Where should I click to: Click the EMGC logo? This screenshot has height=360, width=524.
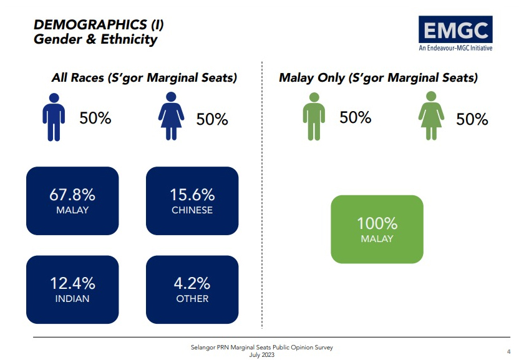(455, 34)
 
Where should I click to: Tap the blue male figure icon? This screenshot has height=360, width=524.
(54, 117)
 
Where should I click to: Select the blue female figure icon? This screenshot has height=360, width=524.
(171, 116)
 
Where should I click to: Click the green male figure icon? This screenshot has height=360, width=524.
(314, 116)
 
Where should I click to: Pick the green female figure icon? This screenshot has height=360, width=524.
(431, 115)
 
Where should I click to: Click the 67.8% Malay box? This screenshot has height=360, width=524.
(72, 201)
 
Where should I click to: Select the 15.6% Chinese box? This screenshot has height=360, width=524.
(192, 201)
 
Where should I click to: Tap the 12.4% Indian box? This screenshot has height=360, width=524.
(72, 289)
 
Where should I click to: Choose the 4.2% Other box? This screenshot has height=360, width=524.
(192, 289)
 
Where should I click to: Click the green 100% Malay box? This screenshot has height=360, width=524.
(377, 230)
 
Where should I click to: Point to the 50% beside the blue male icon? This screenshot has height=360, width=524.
(95, 118)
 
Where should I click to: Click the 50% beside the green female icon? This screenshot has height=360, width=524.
(472, 119)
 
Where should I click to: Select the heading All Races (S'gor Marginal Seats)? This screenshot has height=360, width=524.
(144, 77)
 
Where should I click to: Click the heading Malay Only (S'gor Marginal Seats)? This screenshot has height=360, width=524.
(378, 77)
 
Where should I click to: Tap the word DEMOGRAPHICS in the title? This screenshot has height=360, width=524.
(90, 25)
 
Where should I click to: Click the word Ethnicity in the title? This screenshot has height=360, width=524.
(129, 39)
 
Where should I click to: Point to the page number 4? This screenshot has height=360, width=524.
(508, 352)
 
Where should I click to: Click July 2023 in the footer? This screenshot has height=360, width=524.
(261, 354)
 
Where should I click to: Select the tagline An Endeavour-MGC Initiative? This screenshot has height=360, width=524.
(455, 48)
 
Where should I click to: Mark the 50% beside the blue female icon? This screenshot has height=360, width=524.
(212, 119)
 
